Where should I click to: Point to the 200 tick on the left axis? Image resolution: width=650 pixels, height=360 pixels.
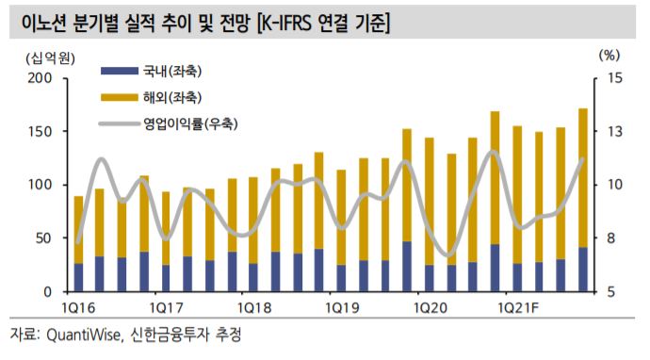coord(41,78)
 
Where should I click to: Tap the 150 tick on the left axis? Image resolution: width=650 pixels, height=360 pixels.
coord(41,132)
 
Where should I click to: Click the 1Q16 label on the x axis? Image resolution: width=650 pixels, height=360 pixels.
coord(78,308)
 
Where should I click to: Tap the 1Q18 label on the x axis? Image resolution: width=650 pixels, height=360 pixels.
coord(254,308)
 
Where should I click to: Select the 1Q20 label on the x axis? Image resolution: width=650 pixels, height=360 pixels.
coord(430,308)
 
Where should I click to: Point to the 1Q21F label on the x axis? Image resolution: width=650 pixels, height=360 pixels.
coord(519,308)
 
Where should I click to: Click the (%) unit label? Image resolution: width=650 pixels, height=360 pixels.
coord(610,57)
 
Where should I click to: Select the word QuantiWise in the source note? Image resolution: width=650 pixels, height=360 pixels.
coord(90,336)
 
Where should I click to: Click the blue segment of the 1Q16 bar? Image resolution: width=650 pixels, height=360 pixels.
coord(79,278)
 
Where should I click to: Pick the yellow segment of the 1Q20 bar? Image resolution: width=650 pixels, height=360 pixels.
coord(430,202)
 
